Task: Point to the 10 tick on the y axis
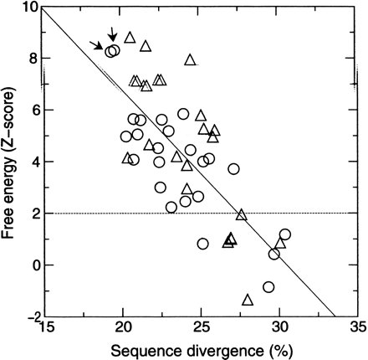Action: point(33,8)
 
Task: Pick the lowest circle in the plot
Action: point(268,287)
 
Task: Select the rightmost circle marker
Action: point(284,234)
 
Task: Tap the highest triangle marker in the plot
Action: point(130,38)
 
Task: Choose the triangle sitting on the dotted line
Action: point(242,215)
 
